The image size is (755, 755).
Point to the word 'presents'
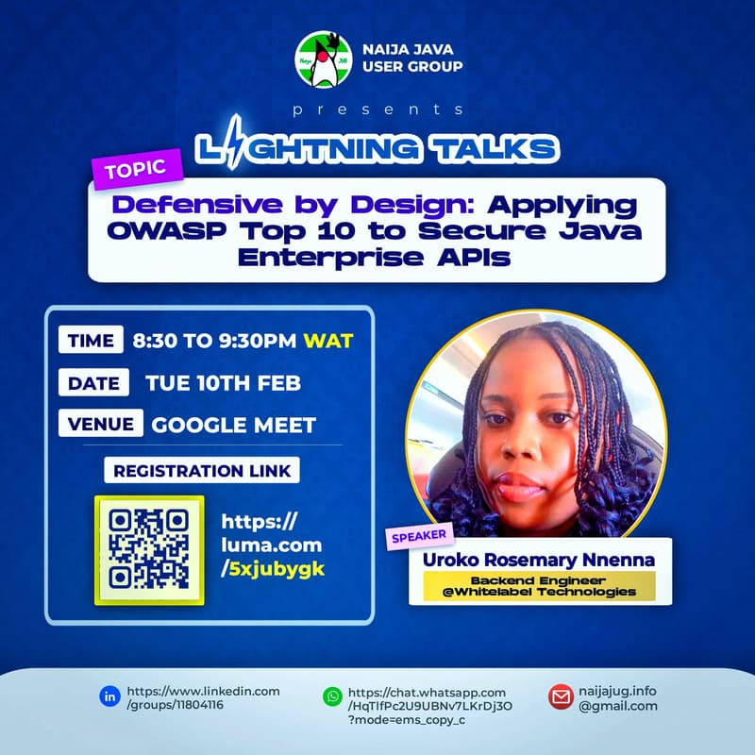click(x=377, y=110)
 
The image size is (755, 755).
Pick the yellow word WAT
click(x=327, y=341)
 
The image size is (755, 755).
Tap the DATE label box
click(x=93, y=383)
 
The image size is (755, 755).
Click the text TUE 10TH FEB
click(x=223, y=383)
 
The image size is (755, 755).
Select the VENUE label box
click(x=100, y=424)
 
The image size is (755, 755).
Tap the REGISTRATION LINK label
click(x=201, y=470)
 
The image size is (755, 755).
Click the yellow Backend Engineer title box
click(x=540, y=585)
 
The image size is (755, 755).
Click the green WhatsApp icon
click(x=331, y=697)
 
